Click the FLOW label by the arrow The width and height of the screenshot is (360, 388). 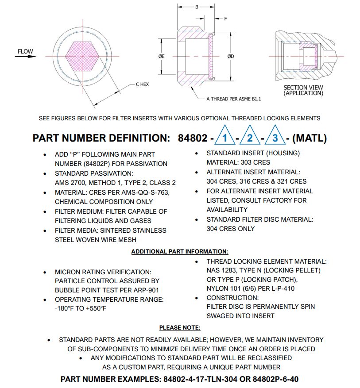25,52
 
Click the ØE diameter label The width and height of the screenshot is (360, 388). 162,57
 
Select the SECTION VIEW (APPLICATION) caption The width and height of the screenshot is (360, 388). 303,90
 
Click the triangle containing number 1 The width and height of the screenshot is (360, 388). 225,138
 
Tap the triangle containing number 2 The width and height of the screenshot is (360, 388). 250,138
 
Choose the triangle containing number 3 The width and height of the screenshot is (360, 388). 275,138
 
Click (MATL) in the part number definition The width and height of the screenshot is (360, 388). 310,138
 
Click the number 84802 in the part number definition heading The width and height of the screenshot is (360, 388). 193,138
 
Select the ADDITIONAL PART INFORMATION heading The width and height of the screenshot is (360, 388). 180,251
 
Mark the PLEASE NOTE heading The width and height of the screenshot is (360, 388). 180,327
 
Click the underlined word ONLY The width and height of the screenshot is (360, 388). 246,229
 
